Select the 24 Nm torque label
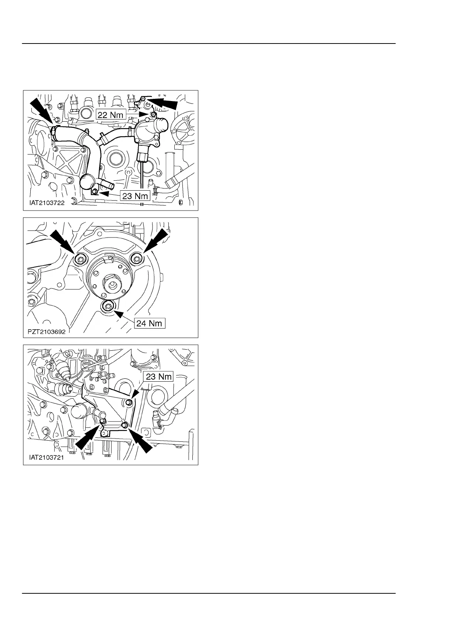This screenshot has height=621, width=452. coord(150,323)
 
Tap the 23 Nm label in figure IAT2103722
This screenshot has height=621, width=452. coord(135,196)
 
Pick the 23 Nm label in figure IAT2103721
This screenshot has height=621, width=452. coord(158,377)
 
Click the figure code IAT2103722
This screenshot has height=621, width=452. coord(47,203)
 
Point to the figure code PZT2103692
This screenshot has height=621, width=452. coord(47,332)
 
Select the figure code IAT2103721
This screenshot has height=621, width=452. coord(47,457)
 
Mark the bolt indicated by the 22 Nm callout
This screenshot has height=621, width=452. coord(152,114)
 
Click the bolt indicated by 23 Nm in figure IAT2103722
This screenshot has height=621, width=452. coord(95,191)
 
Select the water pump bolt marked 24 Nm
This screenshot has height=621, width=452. coord(108,306)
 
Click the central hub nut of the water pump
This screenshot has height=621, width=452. coord(114,284)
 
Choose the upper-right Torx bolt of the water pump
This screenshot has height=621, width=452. coord(136,259)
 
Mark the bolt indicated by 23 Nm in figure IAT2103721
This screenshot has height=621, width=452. coord(129,402)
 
